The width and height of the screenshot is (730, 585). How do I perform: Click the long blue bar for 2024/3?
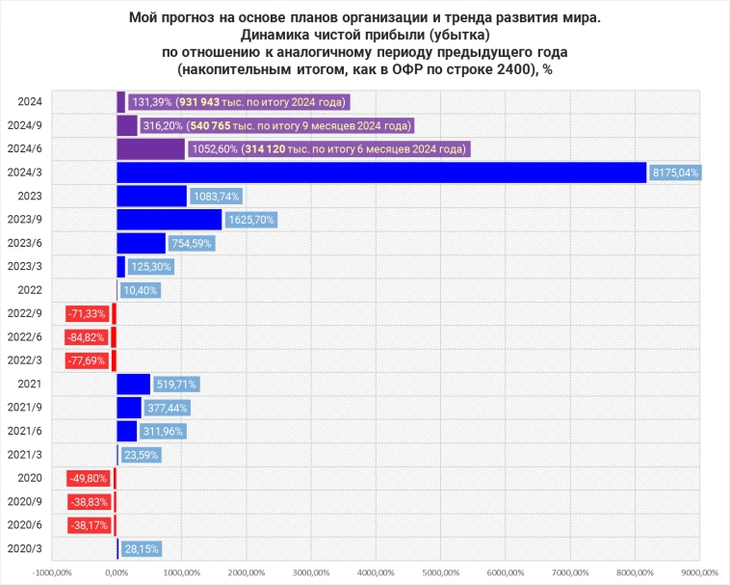click(x=381, y=173)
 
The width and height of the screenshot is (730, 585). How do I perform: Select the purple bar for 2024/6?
click(x=150, y=149)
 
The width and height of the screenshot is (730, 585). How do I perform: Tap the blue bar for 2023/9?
click(x=169, y=220)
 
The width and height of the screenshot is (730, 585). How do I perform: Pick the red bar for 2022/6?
click(x=113, y=336)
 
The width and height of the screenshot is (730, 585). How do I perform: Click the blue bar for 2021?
click(x=133, y=384)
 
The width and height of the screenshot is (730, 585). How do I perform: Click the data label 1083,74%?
click(x=215, y=196)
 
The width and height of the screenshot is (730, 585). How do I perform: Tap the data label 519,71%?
click(x=175, y=385)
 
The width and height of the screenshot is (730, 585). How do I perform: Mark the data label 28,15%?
click(x=141, y=548)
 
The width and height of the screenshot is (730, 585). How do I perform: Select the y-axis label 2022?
click(x=30, y=289)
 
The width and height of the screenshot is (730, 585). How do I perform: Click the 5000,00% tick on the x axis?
click(x=439, y=572)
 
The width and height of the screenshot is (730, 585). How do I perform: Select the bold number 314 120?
click(x=273, y=149)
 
